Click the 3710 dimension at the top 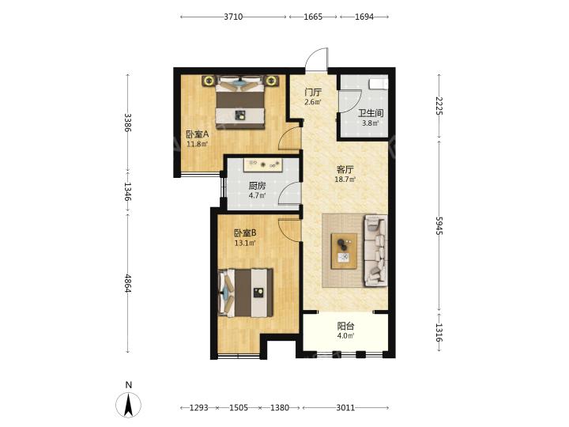click(233, 17)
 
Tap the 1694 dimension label click(364, 17)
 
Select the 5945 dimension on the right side click(439, 225)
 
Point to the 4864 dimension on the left click(128, 283)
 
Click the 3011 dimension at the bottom click(345, 408)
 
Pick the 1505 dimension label click(239, 408)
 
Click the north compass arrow click(128, 404)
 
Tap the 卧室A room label click(198, 134)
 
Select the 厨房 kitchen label click(257, 187)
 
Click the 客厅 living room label click(345, 169)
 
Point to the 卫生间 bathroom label click(371, 113)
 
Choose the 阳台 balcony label click(345, 326)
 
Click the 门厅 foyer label click(313, 93)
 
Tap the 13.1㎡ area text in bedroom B click(245, 243)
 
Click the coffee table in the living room click(344, 251)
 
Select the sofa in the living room click(375, 251)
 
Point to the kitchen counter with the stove click(263, 164)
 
